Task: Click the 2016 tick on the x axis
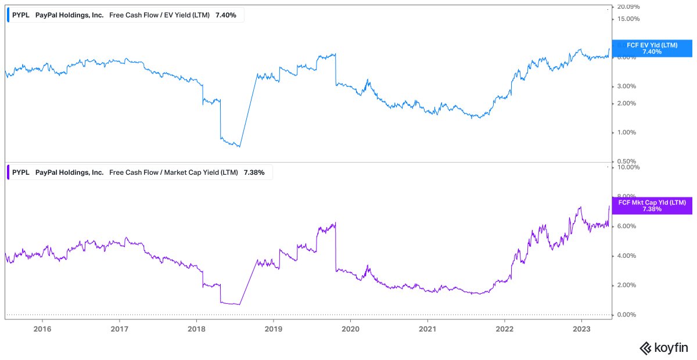point(42,329)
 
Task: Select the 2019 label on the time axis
point(273,329)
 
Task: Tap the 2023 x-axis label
point(581,329)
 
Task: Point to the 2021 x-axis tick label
point(427,329)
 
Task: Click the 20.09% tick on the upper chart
point(628,7)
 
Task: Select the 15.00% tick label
point(628,19)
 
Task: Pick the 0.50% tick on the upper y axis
point(627,161)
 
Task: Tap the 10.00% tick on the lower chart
point(628,167)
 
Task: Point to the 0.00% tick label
point(627,315)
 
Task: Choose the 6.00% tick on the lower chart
point(627,226)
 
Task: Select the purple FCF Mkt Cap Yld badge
point(652,206)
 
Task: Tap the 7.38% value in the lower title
point(254,172)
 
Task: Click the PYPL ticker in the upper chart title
point(21,15)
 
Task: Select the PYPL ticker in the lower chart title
point(21,172)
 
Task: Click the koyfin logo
point(663,348)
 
